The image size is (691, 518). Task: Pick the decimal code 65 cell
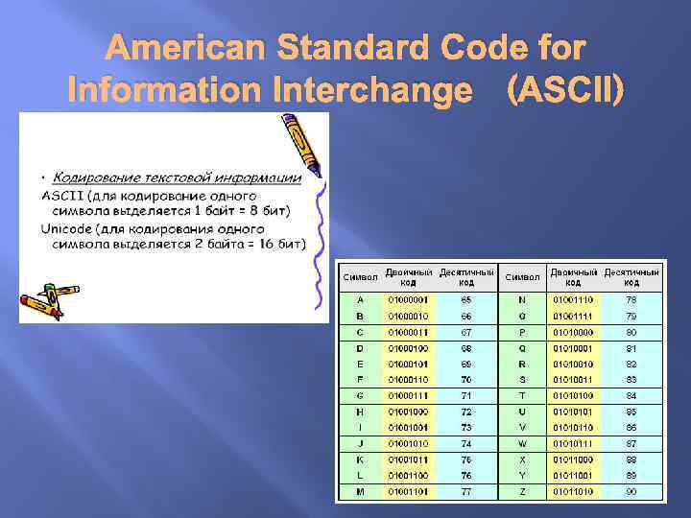(x=466, y=300)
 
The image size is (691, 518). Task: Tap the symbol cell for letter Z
(x=522, y=491)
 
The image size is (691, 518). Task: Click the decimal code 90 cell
(x=631, y=491)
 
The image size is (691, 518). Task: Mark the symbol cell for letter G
(x=359, y=395)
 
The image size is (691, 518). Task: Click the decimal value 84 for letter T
(x=631, y=395)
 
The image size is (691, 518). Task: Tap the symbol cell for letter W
(x=522, y=443)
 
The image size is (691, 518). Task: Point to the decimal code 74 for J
(x=466, y=443)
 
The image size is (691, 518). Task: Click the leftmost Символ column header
(x=360, y=277)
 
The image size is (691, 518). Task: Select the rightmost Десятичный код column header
(x=631, y=277)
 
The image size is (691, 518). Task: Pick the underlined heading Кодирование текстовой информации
(x=177, y=177)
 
